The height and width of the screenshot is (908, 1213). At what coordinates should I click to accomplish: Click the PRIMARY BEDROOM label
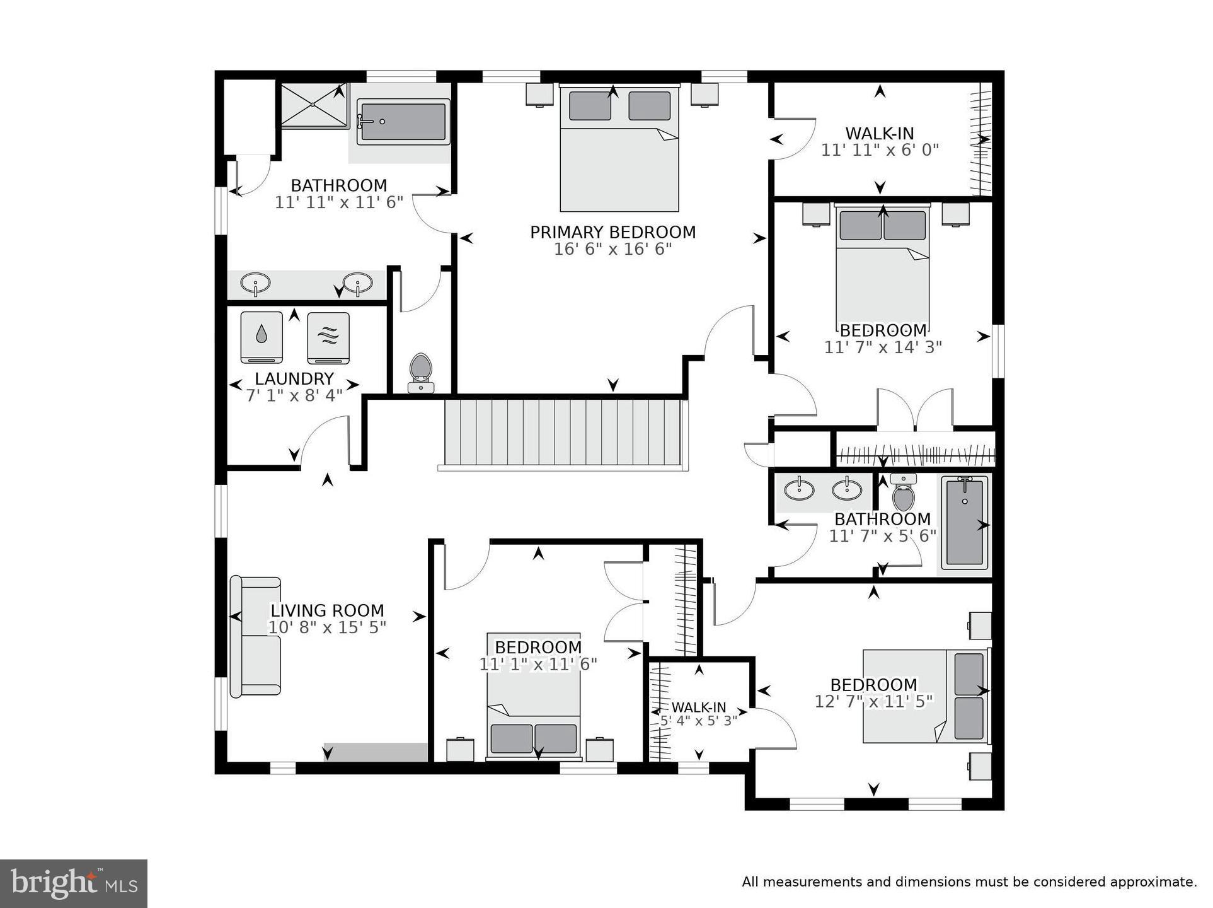612,232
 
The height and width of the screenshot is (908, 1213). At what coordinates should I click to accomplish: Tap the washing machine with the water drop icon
262,337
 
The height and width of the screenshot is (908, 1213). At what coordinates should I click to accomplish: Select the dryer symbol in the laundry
328,337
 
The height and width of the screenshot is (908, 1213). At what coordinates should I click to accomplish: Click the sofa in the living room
256,636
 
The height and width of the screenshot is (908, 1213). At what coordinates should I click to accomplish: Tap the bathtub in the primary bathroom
403,122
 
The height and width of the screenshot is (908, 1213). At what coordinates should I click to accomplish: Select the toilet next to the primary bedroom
420,371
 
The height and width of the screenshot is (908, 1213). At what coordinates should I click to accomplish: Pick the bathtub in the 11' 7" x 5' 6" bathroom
965,522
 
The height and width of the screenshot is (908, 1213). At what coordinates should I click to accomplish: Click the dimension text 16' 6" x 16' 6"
612,249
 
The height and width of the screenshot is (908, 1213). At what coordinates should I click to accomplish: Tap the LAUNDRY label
294,378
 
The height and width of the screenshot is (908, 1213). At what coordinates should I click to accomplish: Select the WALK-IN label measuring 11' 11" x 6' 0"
879,134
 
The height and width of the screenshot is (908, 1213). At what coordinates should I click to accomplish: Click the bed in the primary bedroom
619,150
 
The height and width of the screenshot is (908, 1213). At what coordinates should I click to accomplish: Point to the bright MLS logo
74,883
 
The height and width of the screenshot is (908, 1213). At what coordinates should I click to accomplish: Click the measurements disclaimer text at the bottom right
969,882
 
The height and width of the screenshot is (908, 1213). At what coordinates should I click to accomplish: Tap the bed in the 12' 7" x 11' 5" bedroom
925,696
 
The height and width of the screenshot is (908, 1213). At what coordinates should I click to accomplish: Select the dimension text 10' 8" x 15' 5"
327,627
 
